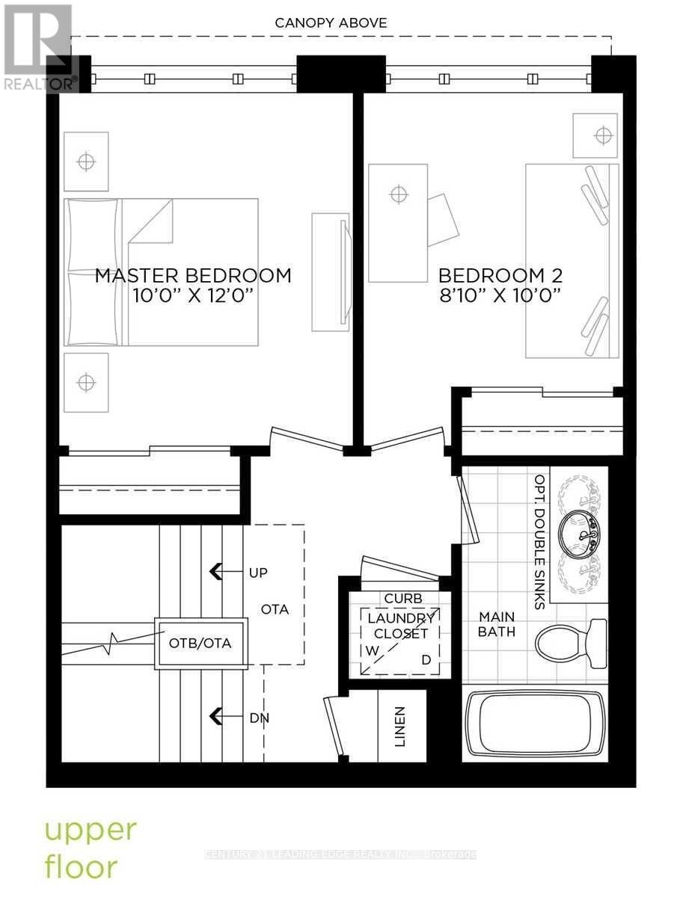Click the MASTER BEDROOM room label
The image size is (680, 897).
[193, 275]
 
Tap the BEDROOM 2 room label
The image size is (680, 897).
[500, 275]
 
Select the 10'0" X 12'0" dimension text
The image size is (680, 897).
[193, 296]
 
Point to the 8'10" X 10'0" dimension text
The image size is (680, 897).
[500, 296]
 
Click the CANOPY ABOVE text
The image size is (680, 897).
[331, 23]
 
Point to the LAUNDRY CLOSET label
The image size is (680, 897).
[402, 626]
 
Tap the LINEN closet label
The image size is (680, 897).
[400, 727]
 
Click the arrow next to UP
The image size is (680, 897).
[218, 572]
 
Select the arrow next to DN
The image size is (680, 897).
[218, 717]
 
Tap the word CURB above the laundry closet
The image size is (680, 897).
[403, 599]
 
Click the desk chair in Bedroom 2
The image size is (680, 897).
[444, 218]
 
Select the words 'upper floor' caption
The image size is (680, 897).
[91, 847]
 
